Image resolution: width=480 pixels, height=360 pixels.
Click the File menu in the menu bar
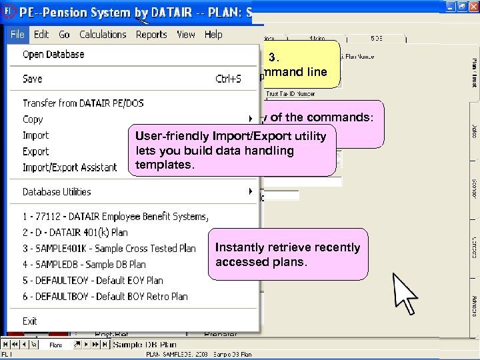click(x=17, y=35)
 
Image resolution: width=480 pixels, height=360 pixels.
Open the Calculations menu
click(x=103, y=35)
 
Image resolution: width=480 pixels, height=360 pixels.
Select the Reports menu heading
click(x=151, y=35)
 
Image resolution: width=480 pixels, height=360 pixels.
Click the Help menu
click(x=213, y=35)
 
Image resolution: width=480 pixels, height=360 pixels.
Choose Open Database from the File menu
click(x=53, y=55)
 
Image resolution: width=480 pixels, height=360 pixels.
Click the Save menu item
click(x=33, y=79)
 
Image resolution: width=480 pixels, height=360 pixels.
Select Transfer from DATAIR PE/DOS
click(x=83, y=103)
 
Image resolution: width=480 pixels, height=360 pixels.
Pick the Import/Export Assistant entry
click(x=69, y=167)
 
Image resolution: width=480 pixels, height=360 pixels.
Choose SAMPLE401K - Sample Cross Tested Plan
click(x=109, y=248)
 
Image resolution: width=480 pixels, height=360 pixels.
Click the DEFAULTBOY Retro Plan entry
click(x=105, y=297)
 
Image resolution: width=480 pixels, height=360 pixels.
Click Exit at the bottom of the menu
click(x=30, y=321)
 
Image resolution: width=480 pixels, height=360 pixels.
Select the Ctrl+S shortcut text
click(x=228, y=79)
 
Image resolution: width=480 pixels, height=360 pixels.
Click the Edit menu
click(x=41, y=35)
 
